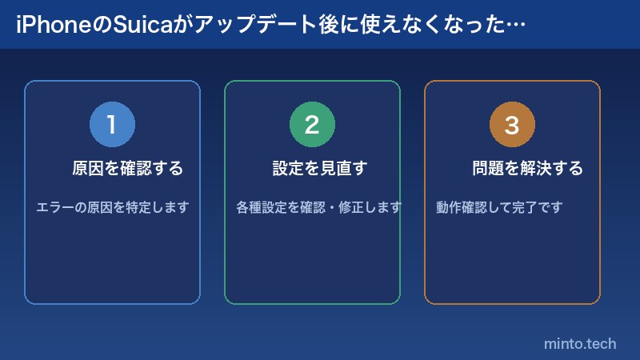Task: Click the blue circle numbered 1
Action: [x=112, y=125]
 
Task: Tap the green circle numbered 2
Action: [x=312, y=125]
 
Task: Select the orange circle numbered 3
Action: [x=512, y=125]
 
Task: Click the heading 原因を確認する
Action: [x=128, y=169]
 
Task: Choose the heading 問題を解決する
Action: [x=528, y=169]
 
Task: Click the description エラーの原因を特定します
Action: [x=113, y=207]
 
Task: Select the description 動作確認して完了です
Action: [x=500, y=207]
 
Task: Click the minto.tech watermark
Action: [x=580, y=343]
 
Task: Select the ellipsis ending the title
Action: [x=517, y=25]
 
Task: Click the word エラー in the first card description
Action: [x=55, y=207]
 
